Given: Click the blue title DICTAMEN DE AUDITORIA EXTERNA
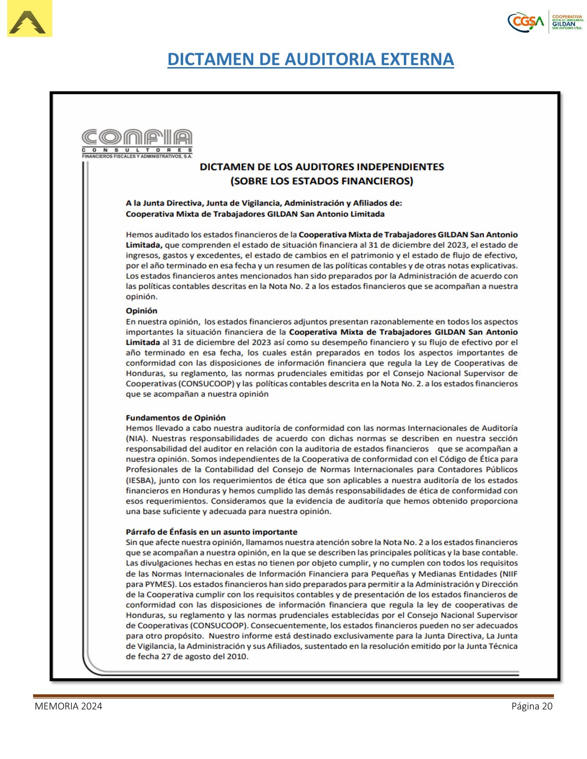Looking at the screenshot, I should click(x=310, y=59).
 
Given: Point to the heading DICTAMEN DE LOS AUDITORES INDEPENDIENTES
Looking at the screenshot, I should click(x=322, y=167).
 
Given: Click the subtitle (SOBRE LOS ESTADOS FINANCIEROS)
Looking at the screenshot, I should click(x=322, y=181).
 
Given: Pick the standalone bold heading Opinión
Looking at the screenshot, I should click(x=141, y=310).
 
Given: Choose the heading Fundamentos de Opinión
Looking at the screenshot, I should click(x=176, y=418).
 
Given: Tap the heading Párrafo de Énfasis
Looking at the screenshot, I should click(x=211, y=532).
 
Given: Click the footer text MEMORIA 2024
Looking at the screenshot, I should click(x=68, y=706).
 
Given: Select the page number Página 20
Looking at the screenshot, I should click(x=532, y=706).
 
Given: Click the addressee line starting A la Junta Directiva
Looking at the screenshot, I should click(x=264, y=203).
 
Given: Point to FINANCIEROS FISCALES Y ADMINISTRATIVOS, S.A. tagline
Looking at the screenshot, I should click(x=137, y=156).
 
